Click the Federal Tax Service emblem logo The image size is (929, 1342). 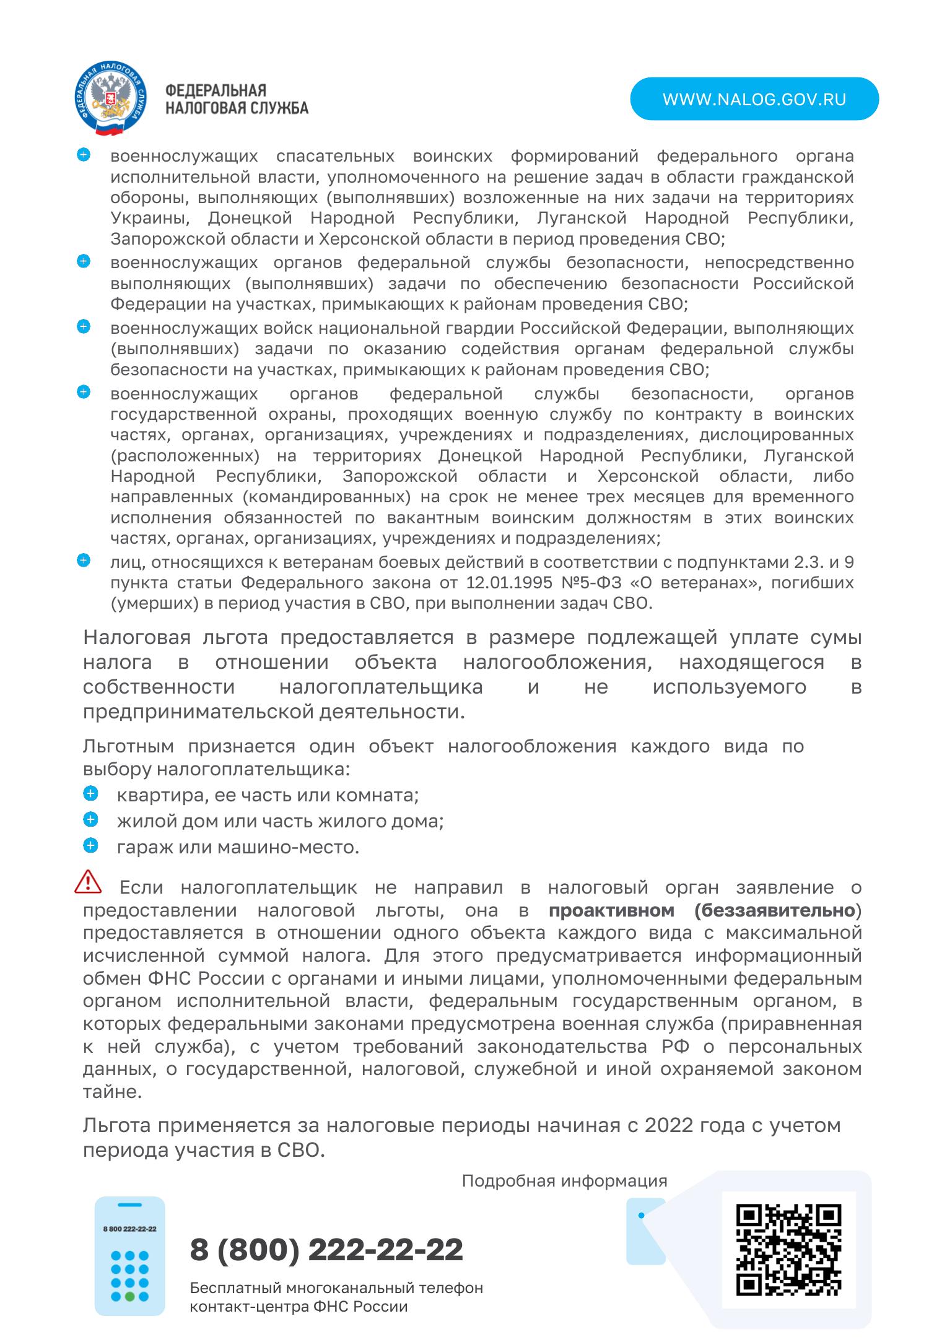(x=110, y=99)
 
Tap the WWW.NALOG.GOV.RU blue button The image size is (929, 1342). (x=754, y=99)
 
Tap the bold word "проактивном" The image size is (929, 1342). (x=611, y=910)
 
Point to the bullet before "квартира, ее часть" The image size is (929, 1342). (x=90, y=793)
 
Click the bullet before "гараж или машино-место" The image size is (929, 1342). (x=90, y=845)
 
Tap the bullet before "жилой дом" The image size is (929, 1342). (x=90, y=819)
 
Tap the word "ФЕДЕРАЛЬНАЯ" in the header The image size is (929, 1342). (x=216, y=91)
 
